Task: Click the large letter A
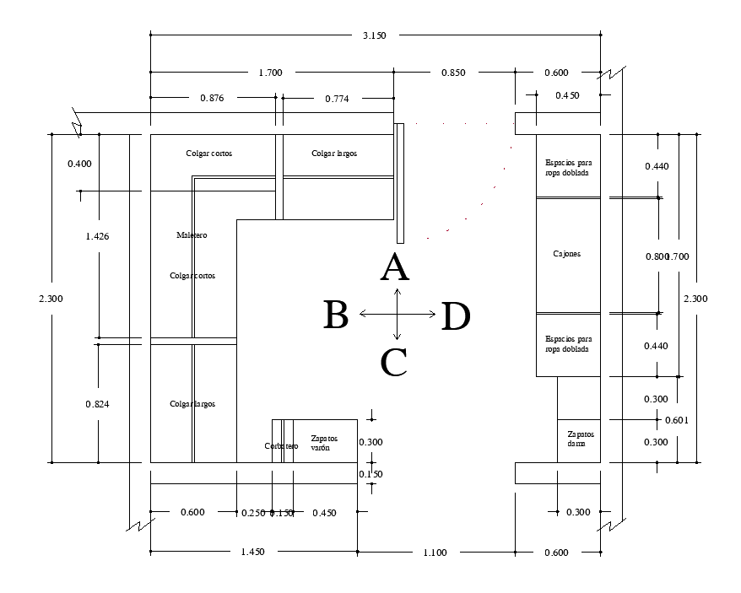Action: pos(395,268)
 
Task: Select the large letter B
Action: pos(336,315)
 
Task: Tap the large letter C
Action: pos(394,363)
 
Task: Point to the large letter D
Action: pos(456,316)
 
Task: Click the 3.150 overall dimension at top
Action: pos(375,35)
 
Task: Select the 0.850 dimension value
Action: pos(453,73)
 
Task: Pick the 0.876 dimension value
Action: pos(212,99)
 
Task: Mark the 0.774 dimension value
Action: pos(337,99)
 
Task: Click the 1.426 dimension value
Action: pos(97,236)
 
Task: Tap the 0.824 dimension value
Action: pos(97,404)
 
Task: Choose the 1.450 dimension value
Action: pos(252,553)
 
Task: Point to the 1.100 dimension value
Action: pos(435,553)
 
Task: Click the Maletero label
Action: pos(192,235)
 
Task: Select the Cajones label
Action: pos(566,254)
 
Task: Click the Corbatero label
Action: pos(280,446)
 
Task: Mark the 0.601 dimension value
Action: pos(678,420)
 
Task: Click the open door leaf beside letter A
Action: pos(399,182)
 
